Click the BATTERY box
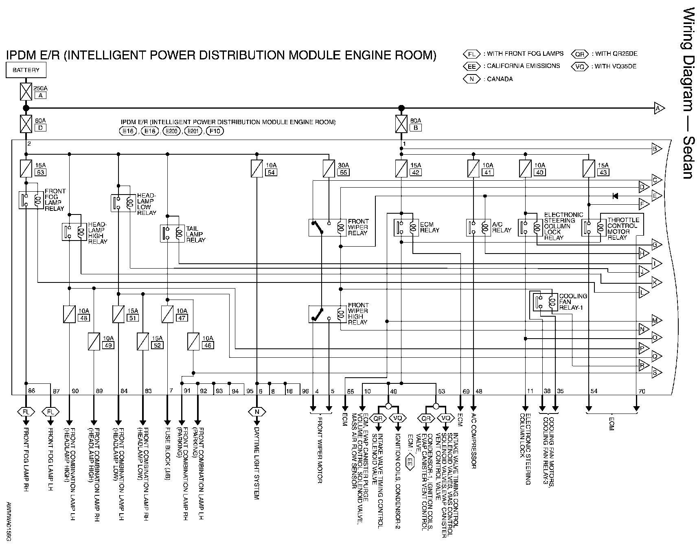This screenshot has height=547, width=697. pos(26,70)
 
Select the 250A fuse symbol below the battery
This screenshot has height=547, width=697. pos(26,92)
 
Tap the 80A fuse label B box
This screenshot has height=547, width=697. pos(416,128)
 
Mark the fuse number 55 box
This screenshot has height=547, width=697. pos(343,173)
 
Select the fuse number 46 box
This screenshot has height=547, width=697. pos(207,345)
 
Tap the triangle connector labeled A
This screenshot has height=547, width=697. pos(658,108)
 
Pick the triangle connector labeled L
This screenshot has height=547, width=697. pos(644,292)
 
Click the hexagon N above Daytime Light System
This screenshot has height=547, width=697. pos(256,412)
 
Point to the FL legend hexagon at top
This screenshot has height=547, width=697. pos(472,54)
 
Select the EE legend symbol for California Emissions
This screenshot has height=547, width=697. pos(472,66)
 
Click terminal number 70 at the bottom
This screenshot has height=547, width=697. pos(642,392)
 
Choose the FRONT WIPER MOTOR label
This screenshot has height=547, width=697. pos(320,450)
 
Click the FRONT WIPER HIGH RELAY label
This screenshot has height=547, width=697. pos(358,313)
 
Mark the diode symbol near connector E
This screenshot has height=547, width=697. pos(615,196)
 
